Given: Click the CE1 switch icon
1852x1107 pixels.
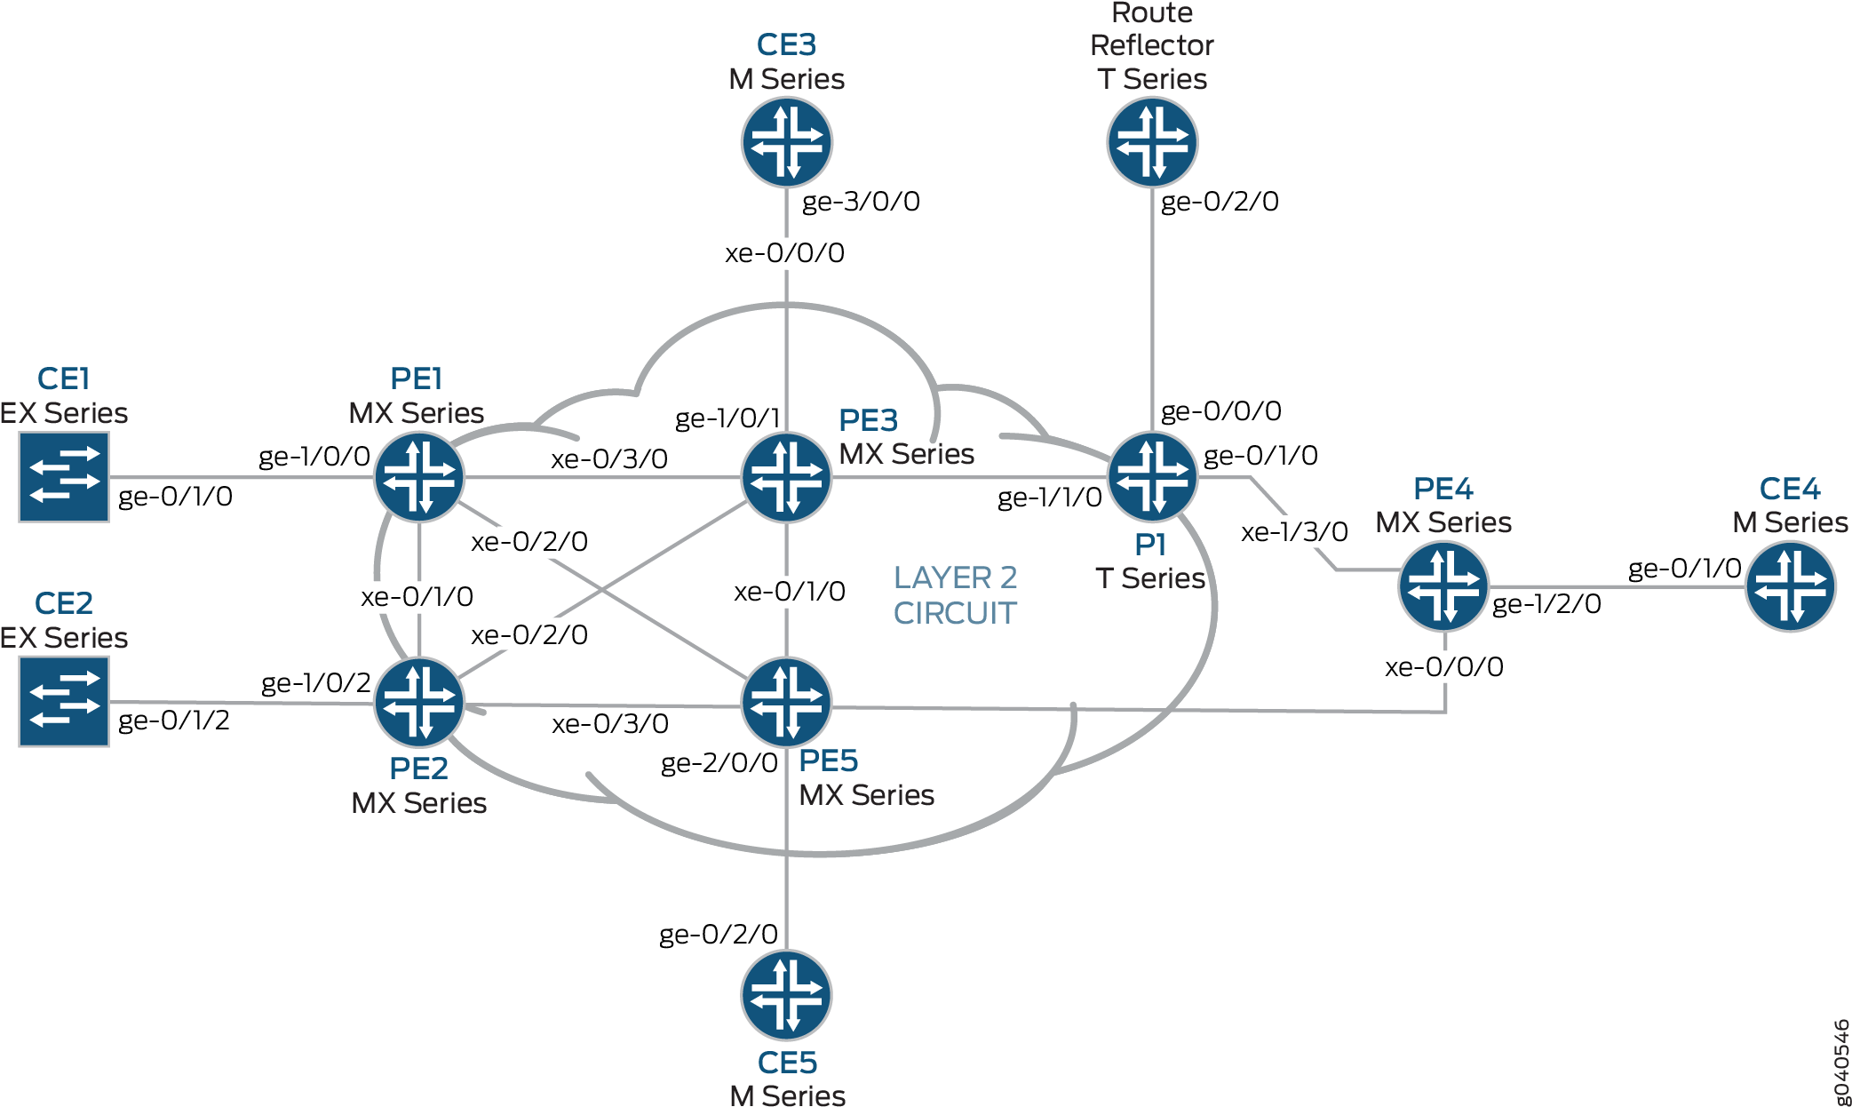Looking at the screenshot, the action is (64, 477).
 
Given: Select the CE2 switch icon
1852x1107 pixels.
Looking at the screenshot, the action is (64, 702).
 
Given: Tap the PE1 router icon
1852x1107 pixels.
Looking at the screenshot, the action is (419, 477).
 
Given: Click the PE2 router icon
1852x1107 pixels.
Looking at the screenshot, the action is (419, 702).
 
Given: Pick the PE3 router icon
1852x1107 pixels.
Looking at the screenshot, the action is (787, 477).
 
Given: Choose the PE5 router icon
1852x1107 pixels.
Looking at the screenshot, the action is (787, 702).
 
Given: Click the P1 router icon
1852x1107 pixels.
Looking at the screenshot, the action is (1152, 477).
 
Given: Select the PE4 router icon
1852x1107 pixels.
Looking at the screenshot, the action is (1444, 586).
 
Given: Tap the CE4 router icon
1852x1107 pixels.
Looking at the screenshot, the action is (1791, 586).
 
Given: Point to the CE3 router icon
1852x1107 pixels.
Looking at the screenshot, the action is (787, 142).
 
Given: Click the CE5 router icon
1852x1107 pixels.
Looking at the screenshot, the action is (787, 995).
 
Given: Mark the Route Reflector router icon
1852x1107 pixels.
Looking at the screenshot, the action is (1152, 142).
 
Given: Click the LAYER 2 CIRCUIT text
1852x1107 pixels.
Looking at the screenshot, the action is (955, 595).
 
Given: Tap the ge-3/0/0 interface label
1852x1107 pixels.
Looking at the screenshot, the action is (861, 202).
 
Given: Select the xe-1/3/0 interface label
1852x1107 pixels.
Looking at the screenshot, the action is (1294, 532).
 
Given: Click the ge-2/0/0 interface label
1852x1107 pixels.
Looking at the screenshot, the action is (719, 763).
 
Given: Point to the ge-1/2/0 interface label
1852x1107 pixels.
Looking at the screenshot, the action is (1546, 604).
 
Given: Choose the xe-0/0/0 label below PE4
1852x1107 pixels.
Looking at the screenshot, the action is (1444, 667).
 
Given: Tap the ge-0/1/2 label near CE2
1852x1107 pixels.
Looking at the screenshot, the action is (174, 721).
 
